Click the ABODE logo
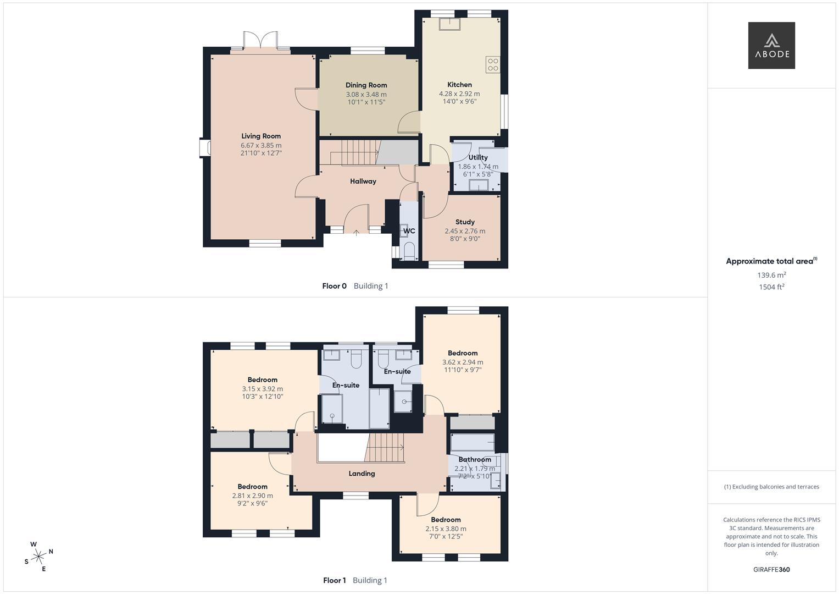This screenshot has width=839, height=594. click(x=771, y=46)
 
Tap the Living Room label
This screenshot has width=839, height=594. click(x=261, y=136)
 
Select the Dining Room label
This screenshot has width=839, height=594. click(x=366, y=85)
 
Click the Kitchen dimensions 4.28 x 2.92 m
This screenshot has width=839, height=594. click(x=459, y=94)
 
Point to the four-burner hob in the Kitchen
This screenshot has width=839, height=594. click(x=492, y=65)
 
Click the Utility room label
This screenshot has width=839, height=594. click(x=477, y=157)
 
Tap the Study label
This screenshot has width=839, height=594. click(x=465, y=222)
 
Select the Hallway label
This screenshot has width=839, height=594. click(x=363, y=181)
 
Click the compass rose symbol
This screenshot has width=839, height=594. click(x=38, y=557)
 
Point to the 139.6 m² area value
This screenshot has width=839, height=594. click(x=771, y=275)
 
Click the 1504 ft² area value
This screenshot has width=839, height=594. click(x=771, y=287)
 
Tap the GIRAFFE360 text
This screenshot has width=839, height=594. click(x=771, y=570)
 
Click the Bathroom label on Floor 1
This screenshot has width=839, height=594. click(x=475, y=460)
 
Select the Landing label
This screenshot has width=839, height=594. click(x=362, y=474)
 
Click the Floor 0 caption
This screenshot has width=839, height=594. click(x=334, y=286)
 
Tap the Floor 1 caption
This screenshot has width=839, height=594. click(x=334, y=580)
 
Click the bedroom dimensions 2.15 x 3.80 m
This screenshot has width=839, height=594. click(x=446, y=529)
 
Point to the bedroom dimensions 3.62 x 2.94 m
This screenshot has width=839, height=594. click(x=463, y=362)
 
